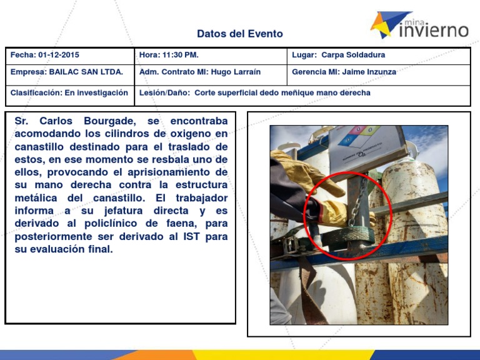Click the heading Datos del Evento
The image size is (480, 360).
tap(240, 34)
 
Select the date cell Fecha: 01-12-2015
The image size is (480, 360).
tap(45, 55)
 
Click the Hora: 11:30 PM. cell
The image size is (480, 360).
tap(169, 55)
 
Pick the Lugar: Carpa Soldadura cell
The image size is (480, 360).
tap(339, 55)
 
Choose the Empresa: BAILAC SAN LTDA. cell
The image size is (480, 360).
tap(67, 72)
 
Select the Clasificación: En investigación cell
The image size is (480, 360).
tap(69, 92)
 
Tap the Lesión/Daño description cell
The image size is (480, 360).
tap(255, 92)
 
